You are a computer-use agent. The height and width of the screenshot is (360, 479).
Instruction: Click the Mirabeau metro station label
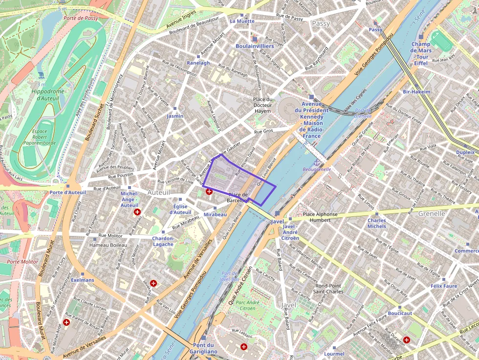pos(215,214)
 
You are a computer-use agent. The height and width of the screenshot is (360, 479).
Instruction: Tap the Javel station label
pos(277,221)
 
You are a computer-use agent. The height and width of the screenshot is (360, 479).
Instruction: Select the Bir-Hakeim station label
pos(416,92)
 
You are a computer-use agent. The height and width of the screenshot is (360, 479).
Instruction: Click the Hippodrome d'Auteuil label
pos(47,95)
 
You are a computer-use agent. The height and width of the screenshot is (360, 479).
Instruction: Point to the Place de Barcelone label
pos(239,197)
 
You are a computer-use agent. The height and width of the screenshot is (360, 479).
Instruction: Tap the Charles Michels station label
pos(377,223)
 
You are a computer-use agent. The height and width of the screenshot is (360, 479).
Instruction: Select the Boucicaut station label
pos(400,313)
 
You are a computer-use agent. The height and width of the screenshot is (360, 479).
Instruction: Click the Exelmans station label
pos(82,280)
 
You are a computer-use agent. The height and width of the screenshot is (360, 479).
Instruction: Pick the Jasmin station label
pos(175,116)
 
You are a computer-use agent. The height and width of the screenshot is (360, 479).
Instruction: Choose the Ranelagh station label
pos(198,63)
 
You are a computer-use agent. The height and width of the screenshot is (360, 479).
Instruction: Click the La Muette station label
pos(242,21)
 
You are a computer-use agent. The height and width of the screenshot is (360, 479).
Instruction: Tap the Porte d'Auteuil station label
pos(67,192)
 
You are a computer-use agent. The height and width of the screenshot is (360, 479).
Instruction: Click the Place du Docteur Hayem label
pos(262,105)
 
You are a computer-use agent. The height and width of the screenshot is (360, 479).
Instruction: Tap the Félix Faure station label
pos(444,286)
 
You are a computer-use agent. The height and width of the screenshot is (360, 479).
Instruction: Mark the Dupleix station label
pos(465,152)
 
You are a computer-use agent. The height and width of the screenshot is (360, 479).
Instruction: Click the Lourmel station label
pos(334,354)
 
